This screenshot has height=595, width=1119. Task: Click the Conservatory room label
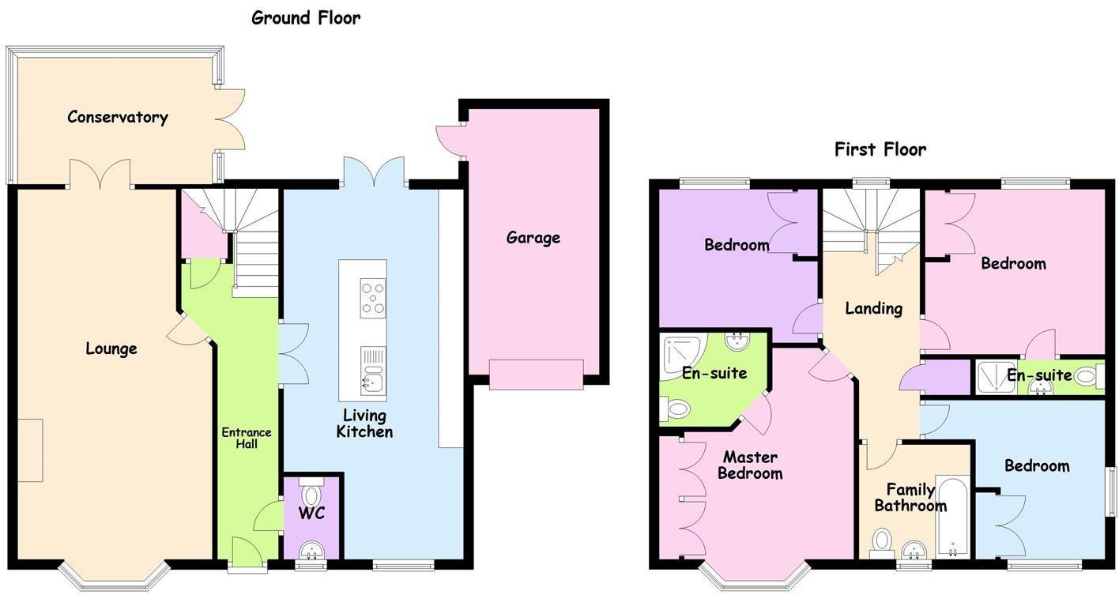117,118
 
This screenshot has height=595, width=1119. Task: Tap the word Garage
533,238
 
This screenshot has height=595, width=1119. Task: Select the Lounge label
111,349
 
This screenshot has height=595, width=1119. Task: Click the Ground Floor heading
306,17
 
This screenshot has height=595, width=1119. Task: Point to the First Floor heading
880,149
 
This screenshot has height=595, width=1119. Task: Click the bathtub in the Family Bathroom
952,517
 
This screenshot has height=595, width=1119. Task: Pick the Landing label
873,308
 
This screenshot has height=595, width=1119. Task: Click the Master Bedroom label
751,465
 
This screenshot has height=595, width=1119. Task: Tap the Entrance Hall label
246,438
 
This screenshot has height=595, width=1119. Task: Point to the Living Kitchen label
364,424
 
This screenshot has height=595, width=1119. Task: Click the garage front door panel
536,375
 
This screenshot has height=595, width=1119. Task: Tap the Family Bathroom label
910,498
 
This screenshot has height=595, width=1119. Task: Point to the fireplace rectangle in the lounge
31,450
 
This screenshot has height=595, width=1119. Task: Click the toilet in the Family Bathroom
882,540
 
